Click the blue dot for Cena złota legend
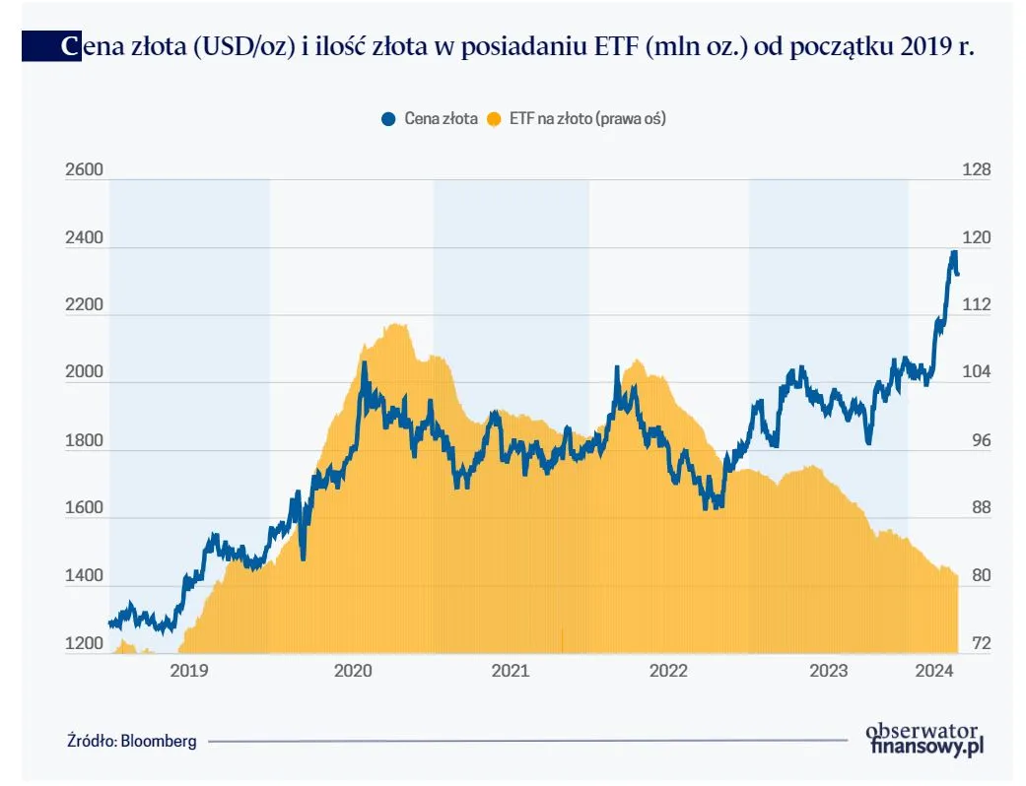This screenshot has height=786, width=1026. (x=387, y=118)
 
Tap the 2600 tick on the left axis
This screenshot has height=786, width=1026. (x=84, y=170)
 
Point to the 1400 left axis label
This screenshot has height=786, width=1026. (x=84, y=576)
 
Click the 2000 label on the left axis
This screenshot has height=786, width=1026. (x=84, y=372)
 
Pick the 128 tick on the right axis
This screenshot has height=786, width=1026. (x=976, y=170)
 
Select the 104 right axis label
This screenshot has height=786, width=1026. (x=976, y=372)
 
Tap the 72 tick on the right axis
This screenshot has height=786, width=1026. (x=976, y=644)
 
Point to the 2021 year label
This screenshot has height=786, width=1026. (x=510, y=671)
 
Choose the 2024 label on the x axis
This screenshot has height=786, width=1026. (x=932, y=671)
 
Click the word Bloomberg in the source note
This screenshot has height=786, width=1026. (x=159, y=741)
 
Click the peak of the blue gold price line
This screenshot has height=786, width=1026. (x=953, y=253)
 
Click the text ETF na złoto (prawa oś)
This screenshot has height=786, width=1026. (x=587, y=118)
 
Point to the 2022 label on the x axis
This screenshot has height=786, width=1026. (x=668, y=671)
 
